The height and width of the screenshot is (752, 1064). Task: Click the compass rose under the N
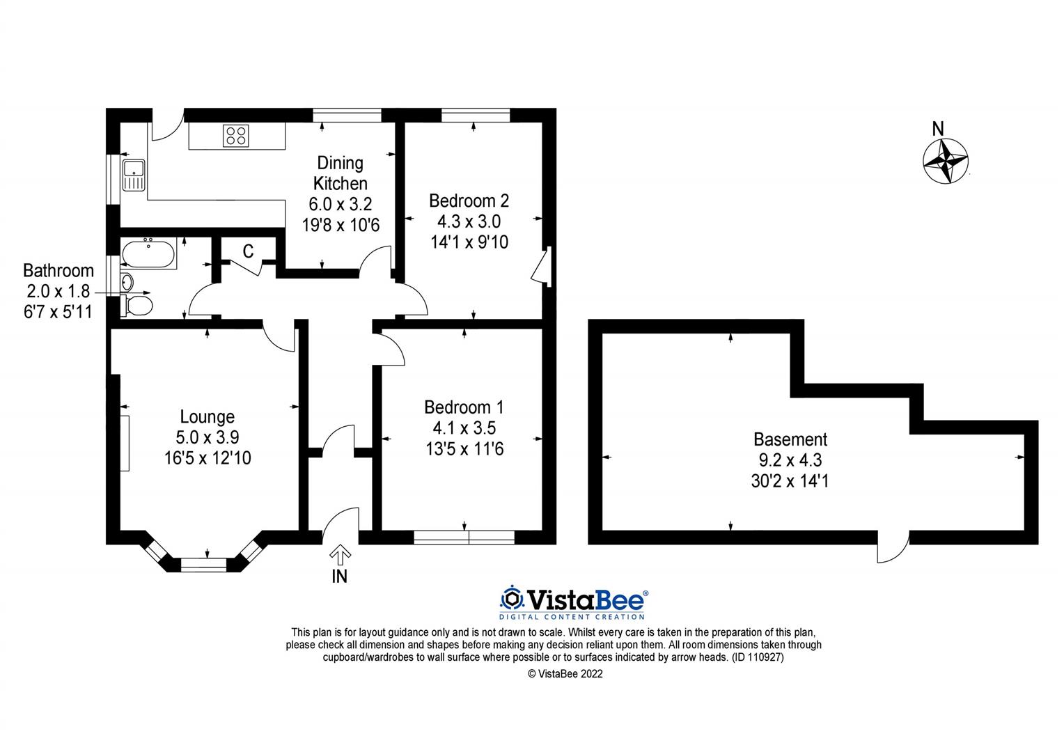(945, 162)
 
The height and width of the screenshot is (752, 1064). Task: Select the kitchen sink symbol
(132, 174)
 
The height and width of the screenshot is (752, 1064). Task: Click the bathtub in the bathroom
(148, 254)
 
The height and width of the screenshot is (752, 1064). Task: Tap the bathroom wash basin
(127, 282)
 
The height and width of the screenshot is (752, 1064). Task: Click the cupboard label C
(247, 251)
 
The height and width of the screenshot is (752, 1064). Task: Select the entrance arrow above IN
(340, 554)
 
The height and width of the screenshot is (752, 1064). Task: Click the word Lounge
(207, 417)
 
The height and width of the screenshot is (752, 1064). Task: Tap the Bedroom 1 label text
(464, 407)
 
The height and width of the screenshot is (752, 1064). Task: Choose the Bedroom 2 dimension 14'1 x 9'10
(469, 242)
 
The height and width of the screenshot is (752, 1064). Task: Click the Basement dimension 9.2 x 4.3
(790, 460)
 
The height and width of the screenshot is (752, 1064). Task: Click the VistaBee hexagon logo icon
(512, 599)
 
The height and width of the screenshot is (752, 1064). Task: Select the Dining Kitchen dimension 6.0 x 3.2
(340, 205)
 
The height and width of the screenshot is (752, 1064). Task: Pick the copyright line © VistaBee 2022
(565, 673)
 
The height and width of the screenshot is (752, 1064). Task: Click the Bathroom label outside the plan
(58, 270)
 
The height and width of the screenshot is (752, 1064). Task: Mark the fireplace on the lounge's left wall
(125, 443)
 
